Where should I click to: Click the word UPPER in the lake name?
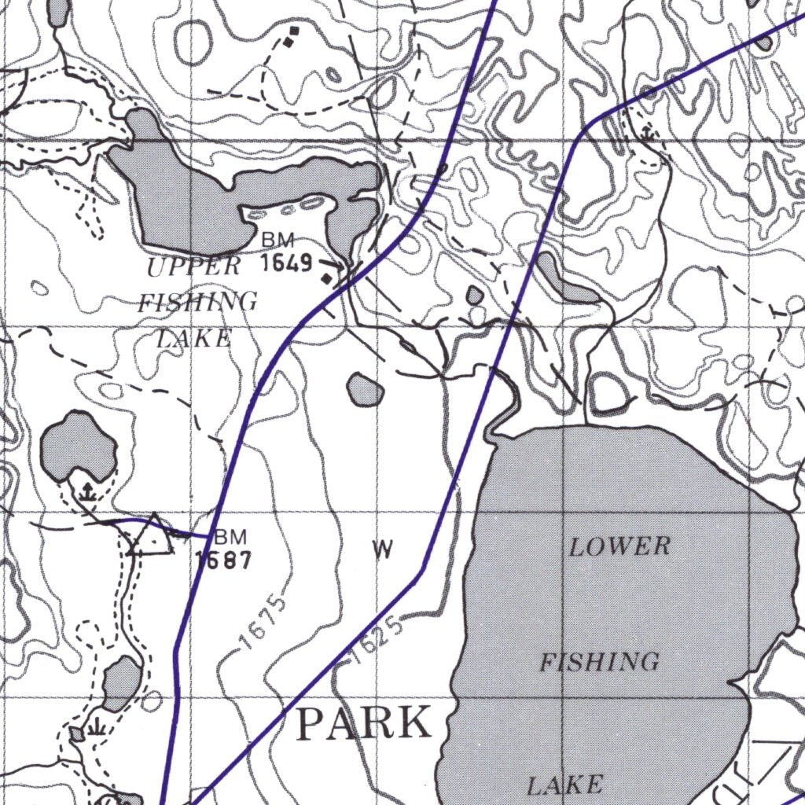point(193,266)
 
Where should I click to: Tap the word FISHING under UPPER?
point(197,303)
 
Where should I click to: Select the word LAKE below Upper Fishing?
point(193,339)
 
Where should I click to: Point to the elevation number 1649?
point(287,263)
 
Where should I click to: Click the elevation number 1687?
point(224,561)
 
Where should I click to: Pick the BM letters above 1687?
point(230,538)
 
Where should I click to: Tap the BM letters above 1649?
point(278,239)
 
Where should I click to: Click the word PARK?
point(365,723)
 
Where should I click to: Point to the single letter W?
point(382,551)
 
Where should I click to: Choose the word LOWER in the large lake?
point(620,546)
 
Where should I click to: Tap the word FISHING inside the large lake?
point(599,663)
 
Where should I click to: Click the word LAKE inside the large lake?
point(564,784)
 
